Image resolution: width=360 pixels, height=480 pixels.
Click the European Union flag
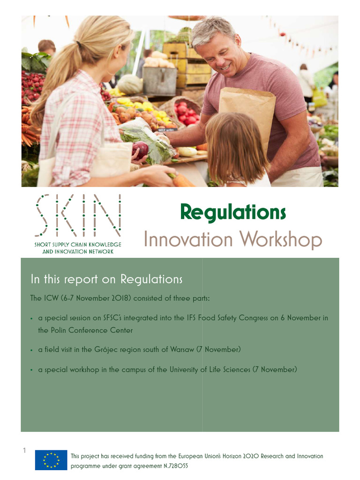51,460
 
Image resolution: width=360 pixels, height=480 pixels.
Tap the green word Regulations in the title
233,213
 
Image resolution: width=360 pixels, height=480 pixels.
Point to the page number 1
24,451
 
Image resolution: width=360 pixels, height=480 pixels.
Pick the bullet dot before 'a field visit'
31,350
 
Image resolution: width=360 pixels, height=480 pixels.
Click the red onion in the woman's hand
141,150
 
